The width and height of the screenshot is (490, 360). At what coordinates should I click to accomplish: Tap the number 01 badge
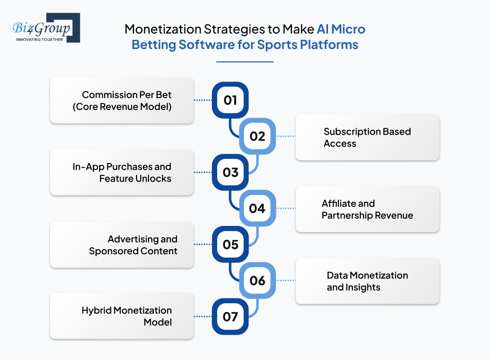tap(230, 100)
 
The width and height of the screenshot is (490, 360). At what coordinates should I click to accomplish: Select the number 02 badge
tap(257, 136)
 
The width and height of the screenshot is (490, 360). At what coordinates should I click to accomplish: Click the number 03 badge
tap(230, 172)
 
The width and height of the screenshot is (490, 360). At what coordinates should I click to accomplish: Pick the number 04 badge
tap(257, 208)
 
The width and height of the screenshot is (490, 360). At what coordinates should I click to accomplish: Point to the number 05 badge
tap(230, 244)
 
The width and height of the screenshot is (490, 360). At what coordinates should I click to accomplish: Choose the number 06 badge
tap(257, 280)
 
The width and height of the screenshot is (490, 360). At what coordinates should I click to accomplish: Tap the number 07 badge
tap(230, 316)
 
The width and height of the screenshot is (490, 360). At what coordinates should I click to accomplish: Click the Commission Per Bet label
tap(126, 101)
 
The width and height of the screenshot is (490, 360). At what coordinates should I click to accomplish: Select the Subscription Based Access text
tap(367, 137)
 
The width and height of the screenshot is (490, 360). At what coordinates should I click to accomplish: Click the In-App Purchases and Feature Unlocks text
tap(122, 173)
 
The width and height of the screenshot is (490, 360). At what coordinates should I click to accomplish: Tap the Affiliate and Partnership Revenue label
tap(367, 209)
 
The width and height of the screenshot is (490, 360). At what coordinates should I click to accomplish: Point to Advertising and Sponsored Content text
tap(133, 245)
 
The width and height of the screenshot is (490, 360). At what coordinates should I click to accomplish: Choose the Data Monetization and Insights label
tap(367, 281)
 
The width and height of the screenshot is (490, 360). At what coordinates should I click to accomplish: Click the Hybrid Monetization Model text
tap(127, 316)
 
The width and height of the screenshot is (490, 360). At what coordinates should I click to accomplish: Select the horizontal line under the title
tap(244, 62)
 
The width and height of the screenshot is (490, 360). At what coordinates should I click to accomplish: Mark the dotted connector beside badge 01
tap(203, 100)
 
